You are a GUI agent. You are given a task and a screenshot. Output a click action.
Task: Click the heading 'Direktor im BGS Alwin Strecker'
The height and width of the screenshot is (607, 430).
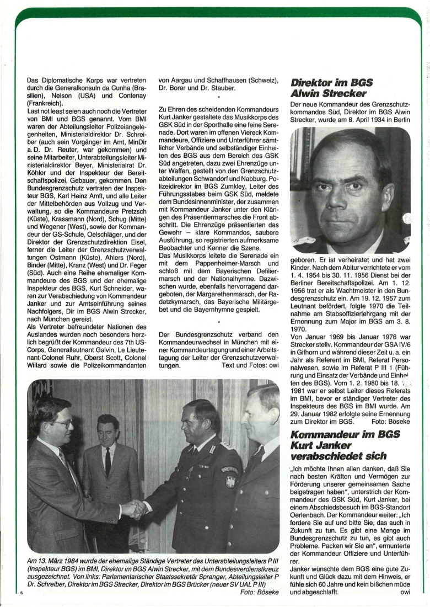pos(332,89)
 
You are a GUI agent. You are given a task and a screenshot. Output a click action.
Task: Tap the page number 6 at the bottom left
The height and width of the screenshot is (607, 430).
pos(20,594)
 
